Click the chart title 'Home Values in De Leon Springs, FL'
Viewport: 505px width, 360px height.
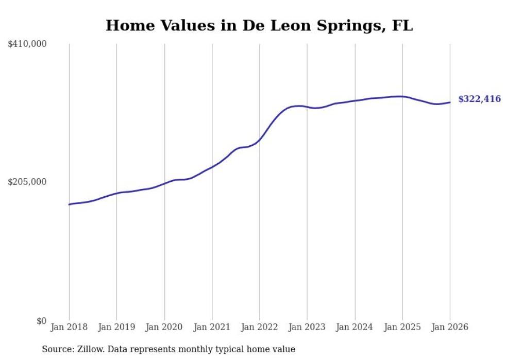coord(259,25)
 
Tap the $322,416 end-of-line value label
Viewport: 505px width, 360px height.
coord(479,99)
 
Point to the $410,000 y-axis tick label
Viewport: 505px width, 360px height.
coord(27,44)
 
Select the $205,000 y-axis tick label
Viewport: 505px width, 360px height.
coord(27,182)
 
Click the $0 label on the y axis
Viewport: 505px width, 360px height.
coord(41,321)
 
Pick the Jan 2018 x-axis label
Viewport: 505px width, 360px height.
coord(69,327)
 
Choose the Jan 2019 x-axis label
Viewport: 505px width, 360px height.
coord(116,327)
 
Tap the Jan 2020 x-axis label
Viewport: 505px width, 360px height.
coord(164,327)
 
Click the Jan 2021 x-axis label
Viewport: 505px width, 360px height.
coord(212,327)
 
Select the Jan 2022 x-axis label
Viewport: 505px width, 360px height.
coord(260,327)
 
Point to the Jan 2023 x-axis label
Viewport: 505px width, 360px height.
coord(307,327)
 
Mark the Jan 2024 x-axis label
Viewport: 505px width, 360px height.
coord(355,327)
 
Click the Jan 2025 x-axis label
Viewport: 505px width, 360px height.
coord(402,327)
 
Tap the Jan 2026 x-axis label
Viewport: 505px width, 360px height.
coord(450,327)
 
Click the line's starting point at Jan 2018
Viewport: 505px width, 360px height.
coord(69,204)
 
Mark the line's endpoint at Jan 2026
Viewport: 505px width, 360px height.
coord(450,102)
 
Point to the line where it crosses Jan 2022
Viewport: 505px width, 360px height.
coord(260,139)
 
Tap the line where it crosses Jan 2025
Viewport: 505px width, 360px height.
coord(402,96)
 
